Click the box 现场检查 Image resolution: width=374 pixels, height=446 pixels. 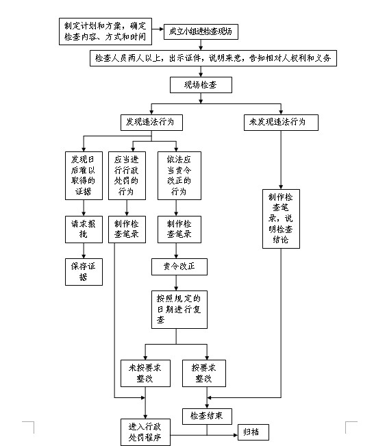pos(201,85)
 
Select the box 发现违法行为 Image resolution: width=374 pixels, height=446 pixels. pos(151,123)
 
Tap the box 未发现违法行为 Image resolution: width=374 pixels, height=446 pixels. pos(281,123)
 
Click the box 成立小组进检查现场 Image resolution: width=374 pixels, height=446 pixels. pos(201,32)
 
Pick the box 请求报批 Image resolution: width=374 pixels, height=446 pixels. pos(84,230)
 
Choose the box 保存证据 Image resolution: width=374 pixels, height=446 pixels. pos(84,272)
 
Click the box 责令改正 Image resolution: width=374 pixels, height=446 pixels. pos(179,267)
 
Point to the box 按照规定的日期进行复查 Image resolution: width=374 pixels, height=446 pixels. pos(179,310)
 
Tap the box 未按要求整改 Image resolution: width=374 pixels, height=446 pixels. pos(145,373)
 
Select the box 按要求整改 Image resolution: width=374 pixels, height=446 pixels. pos(204,373)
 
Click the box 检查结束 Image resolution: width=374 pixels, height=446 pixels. pos(207,417)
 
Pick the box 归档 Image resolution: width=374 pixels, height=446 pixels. pos(253,432)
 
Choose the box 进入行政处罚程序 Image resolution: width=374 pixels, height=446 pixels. pos(145,432)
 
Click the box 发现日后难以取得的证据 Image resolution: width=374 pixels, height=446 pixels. pos(84,175)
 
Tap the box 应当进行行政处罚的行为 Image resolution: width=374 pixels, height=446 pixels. pos(127,175)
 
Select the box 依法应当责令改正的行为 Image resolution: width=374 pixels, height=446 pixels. pos(179,175)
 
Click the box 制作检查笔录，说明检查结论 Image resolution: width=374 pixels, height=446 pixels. pos(281,219)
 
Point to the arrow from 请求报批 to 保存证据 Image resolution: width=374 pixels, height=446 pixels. pos(84,251)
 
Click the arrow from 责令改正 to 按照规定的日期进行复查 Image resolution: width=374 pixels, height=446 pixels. pos(176,283)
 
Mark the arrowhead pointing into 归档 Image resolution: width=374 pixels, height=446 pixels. pos(236,435)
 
